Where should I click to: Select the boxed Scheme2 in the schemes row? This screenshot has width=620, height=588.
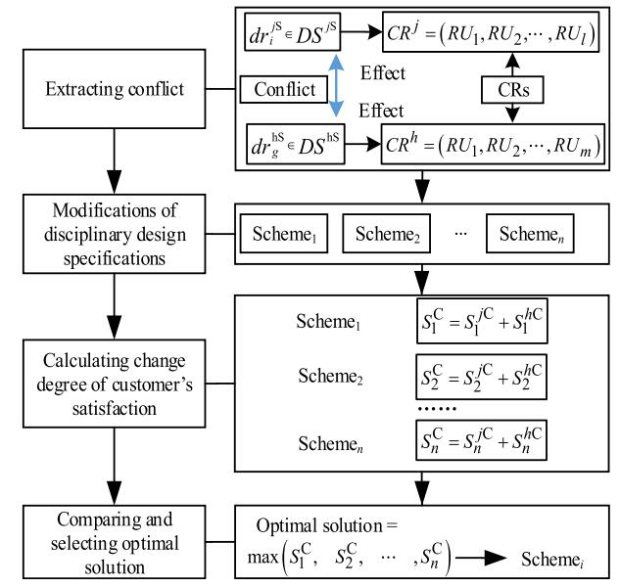(387, 235)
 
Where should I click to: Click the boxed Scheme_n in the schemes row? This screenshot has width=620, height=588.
(534, 235)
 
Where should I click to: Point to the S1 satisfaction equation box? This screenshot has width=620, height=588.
(479, 323)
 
